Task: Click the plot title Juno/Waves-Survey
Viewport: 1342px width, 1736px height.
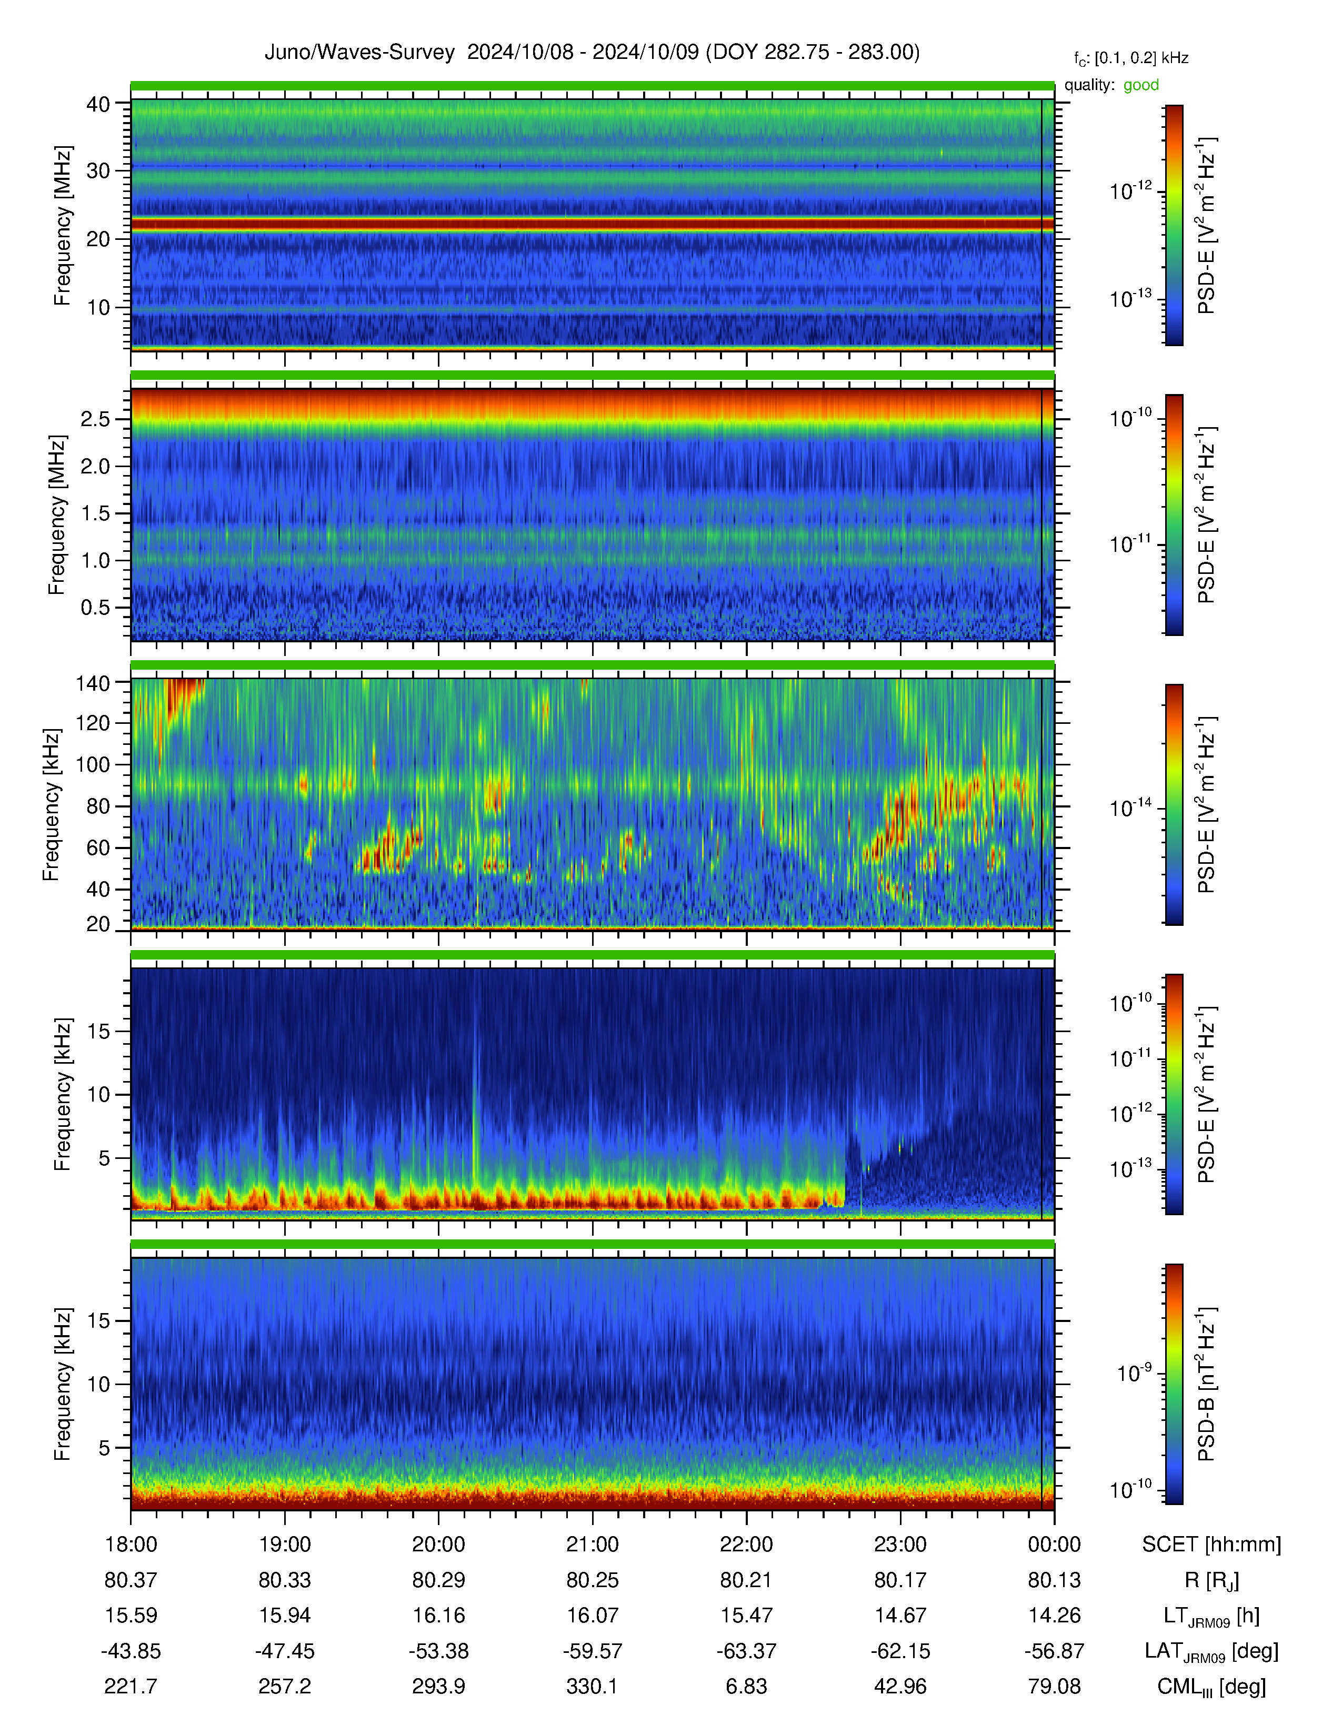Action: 359,53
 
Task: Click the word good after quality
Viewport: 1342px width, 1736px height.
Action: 1141,85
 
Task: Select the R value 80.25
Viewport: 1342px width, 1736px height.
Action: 592,1580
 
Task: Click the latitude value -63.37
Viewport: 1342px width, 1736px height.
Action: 747,1651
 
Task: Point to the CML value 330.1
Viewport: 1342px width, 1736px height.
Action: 592,1686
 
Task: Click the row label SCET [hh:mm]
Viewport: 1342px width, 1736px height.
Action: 1211,1545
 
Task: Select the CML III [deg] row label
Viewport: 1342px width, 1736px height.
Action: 1211,1687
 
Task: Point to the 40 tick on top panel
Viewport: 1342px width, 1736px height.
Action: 98,104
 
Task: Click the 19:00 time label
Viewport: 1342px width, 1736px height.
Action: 285,1545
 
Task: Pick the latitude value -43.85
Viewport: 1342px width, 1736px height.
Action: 131,1651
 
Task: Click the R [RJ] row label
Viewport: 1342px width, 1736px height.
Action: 1211,1581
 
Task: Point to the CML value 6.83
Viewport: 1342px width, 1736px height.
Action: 747,1686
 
